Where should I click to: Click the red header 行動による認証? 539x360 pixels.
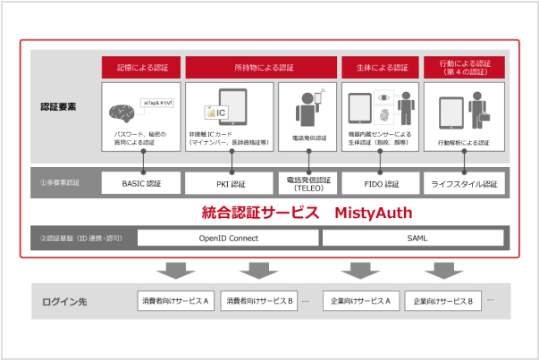point(464,66)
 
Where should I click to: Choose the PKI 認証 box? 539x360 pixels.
point(230,183)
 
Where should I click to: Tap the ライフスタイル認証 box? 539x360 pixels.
point(464,183)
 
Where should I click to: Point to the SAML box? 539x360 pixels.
point(416,239)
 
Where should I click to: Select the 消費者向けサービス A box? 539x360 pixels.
point(173,301)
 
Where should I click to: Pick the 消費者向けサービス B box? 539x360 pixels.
point(258,301)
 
